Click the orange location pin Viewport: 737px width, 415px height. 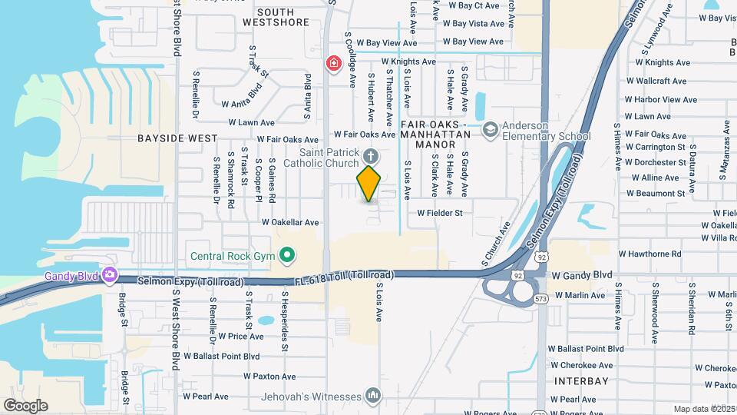[x=369, y=183]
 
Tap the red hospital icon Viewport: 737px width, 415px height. [x=334, y=63]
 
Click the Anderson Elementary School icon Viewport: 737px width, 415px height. [x=490, y=129]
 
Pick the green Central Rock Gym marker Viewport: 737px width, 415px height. [x=287, y=254]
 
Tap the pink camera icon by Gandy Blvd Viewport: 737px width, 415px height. [x=109, y=274]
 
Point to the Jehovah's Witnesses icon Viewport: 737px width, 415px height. [x=374, y=395]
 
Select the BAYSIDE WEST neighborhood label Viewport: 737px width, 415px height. [x=177, y=138]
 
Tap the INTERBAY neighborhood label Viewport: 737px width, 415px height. [x=581, y=380]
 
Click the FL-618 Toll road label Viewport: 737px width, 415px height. [x=345, y=275]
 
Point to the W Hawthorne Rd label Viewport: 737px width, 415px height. [x=649, y=254]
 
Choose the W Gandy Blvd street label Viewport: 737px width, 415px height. [x=582, y=274]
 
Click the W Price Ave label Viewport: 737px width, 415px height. [x=241, y=336]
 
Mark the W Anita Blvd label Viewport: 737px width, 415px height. [x=242, y=104]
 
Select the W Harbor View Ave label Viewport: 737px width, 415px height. [x=660, y=99]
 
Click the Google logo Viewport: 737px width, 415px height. [x=25, y=405]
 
